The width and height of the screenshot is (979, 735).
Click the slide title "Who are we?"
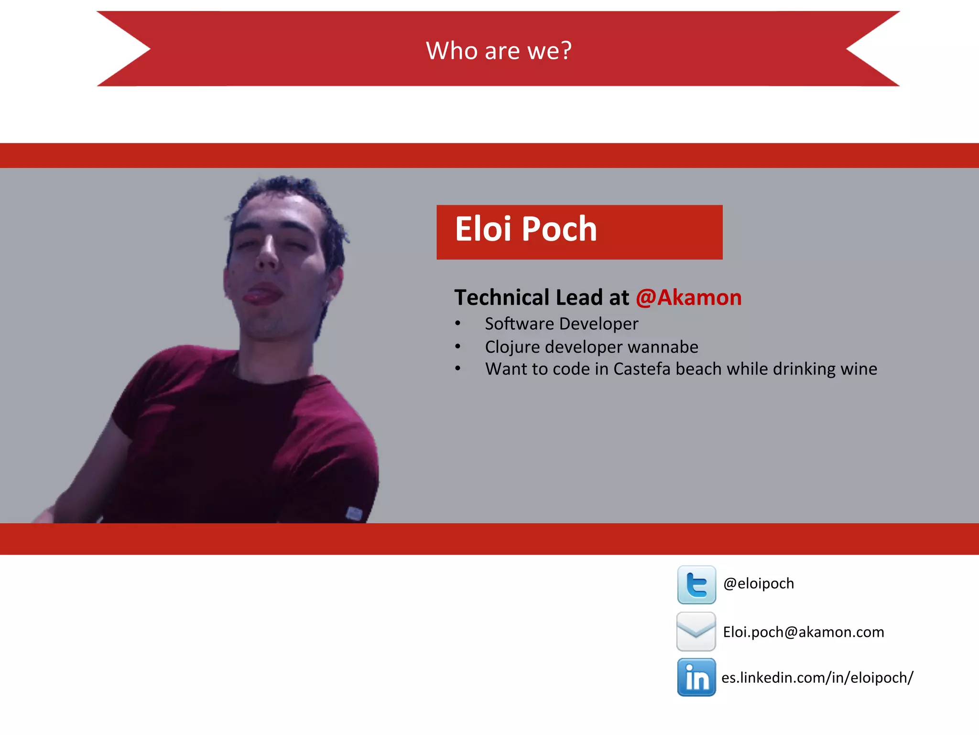point(499,50)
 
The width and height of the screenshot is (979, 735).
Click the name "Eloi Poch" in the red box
point(526,229)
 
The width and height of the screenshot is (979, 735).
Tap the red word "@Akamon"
point(688,298)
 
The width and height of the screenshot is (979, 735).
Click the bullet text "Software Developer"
point(561,324)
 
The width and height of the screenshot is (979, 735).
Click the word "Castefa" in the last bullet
point(642,369)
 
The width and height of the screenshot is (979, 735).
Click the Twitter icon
point(696,584)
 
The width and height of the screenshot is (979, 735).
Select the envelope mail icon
point(696,632)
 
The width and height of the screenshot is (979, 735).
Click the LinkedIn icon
point(696,677)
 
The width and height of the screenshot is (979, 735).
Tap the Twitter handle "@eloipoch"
point(759,584)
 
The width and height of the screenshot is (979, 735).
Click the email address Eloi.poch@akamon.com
point(803,632)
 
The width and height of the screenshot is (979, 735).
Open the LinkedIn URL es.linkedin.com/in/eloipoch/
point(817,678)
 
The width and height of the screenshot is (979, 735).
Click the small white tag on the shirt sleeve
point(354,513)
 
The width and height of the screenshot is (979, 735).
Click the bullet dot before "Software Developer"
point(458,324)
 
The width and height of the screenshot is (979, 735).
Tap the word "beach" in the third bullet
point(698,369)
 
